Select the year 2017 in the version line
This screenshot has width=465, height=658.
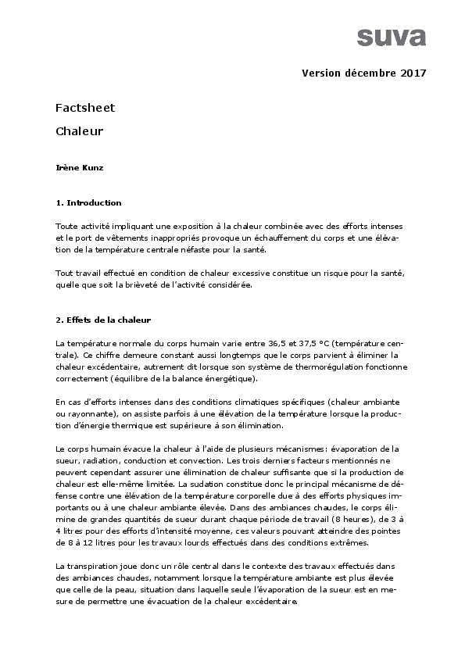(413, 73)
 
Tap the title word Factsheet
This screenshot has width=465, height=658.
(85, 107)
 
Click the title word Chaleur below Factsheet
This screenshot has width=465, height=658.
(80, 131)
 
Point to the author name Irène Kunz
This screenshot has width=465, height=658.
(78, 167)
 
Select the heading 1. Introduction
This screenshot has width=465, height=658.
(88, 202)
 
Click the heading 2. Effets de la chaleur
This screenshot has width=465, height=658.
(103, 320)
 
